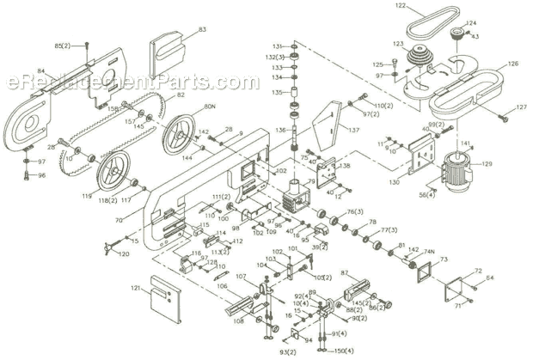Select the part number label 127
click(519, 107)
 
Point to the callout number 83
click(203, 30)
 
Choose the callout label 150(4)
click(344, 351)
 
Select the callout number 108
click(237, 322)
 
